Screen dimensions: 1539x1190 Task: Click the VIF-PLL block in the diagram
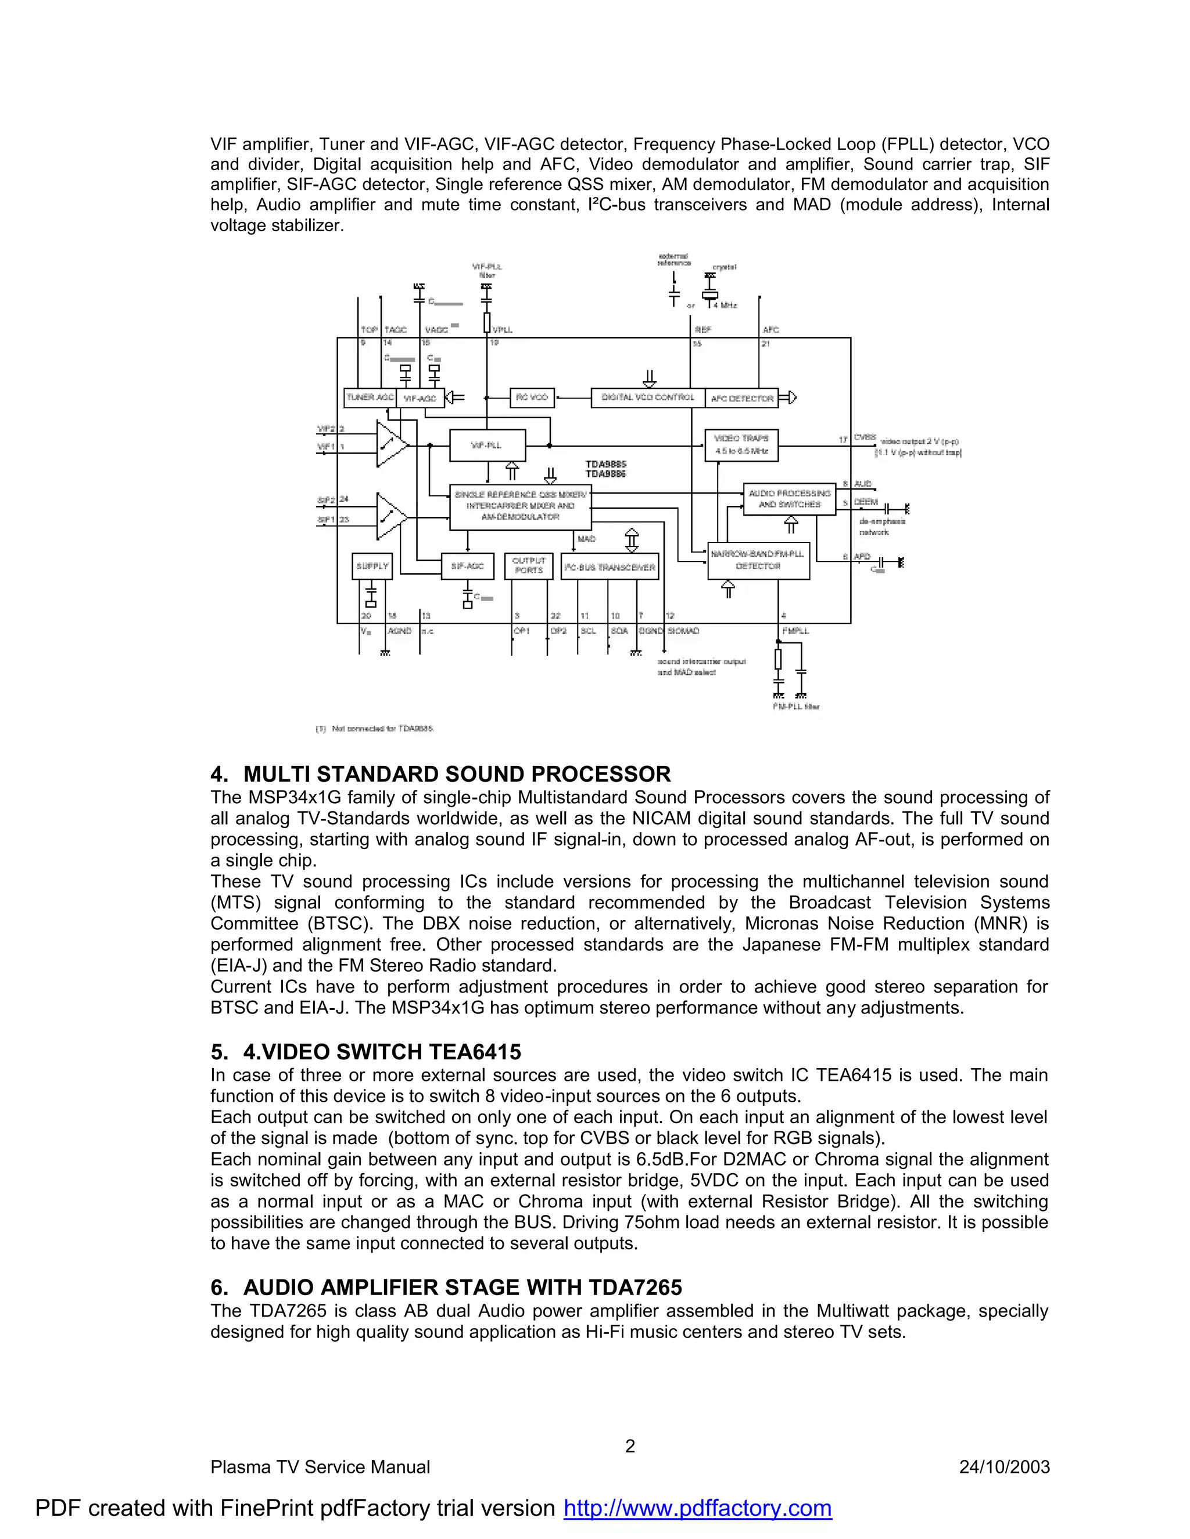coord(486,445)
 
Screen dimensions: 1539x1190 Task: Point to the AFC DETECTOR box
coord(741,399)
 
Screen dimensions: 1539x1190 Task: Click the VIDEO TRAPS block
coord(741,445)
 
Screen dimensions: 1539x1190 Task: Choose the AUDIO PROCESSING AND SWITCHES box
coord(789,499)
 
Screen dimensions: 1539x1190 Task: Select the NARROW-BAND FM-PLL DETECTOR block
coord(758,560)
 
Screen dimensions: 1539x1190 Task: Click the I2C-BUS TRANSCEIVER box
coord(610,567)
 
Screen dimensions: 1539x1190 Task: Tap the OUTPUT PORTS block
coord(528,566)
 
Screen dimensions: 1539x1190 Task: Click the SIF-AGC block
coord(467,566)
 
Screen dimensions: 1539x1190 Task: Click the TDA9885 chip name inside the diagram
coord(605,465)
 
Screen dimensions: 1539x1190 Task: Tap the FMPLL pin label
coord(795,631)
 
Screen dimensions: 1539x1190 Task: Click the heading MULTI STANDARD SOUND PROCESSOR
coord(457,774)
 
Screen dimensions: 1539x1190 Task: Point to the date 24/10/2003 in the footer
coord(1004,1467)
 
